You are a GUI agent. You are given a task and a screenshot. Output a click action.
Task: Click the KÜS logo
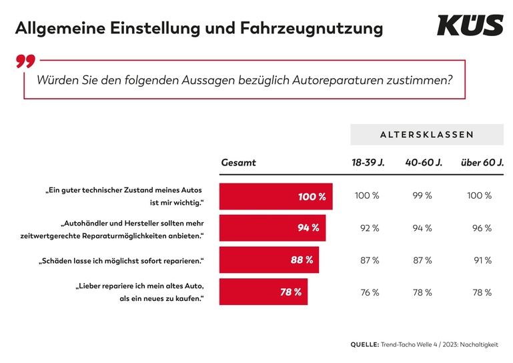coord(470,25)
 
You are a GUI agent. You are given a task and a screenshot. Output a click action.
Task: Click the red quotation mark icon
coord(25,62)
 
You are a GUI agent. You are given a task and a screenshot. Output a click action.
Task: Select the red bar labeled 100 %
coord(276,197)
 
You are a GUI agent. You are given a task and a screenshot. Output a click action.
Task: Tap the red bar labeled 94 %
coord(272,228)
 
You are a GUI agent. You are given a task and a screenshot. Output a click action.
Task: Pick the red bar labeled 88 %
coord(269,260)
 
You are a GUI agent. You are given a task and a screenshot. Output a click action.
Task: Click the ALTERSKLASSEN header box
coord(427,134)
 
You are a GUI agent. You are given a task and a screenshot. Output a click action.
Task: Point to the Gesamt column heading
coord(238,163)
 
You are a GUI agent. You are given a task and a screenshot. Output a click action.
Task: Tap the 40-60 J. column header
coord(424,163)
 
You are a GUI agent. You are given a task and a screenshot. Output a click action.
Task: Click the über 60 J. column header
coord(482,163)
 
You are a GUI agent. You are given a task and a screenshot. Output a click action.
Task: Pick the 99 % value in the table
coord(423,196)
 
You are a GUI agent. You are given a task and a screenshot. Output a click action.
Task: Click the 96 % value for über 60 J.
coord(482,228)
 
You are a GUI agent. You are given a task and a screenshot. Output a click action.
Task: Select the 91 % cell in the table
coord(482,260)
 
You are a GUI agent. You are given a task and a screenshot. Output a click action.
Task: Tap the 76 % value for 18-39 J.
coord(370,292)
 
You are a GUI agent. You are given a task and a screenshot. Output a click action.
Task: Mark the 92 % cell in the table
coord(370,228)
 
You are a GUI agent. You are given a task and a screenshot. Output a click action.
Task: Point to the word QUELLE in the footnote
coord(364,344)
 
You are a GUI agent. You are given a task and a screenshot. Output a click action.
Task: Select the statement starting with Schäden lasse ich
coord(120,260)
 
